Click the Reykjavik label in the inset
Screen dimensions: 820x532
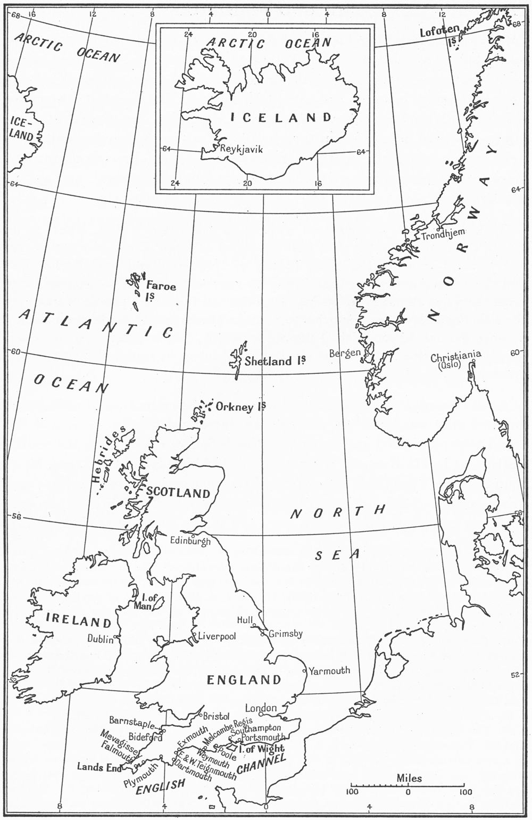[x=242, y=150]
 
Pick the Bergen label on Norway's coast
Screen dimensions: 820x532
[x=345, y=353]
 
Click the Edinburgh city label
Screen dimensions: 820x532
[x=190, y=541]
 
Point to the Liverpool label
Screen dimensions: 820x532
[x=217, y=636]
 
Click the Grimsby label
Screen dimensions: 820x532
[x=286, y=634]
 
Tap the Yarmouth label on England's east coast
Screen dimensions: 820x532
[x=329, y=670]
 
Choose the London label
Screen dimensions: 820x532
[x=261, y=708]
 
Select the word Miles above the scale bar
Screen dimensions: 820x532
[x=409, y=778]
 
